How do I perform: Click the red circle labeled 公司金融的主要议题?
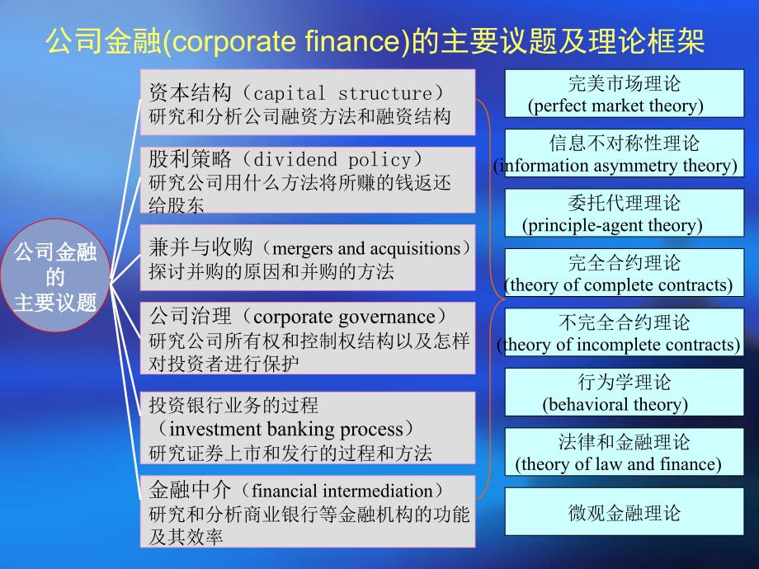[x=55, y=275]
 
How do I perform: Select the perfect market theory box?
[x=624, y=93]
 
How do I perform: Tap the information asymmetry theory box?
[x=624, y=153]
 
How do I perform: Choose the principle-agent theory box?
[x=624, y=213]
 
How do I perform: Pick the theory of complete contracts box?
[x=624, y=272]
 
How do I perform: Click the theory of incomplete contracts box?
[x=624, y=332]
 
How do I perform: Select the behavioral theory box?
[x=624, y=392]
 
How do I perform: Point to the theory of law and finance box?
[x=624, y=451]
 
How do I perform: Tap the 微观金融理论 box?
[x=624, y=511]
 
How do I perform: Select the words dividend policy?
[x=332, y=159]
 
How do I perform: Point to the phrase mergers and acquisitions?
[x=366, y=249]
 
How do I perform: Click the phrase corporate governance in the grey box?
[x=344, y=317]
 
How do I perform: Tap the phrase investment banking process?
[x=286, y=429]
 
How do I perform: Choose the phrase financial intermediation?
[x=342, y=491]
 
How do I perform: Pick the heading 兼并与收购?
[x=200, y=247]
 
